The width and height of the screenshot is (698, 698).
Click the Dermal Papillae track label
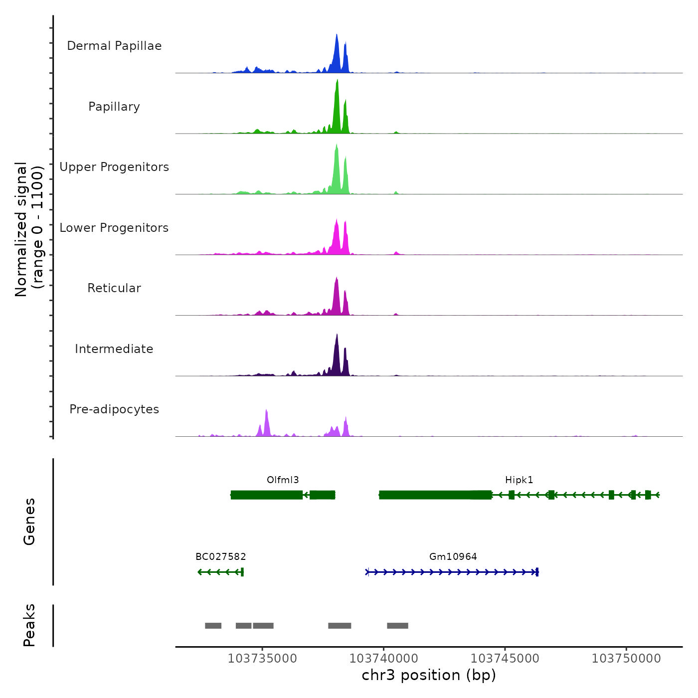(x=114, y=46)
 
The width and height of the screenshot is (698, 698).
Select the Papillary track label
(x=114, y=107)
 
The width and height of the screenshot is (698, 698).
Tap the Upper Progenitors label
(x=114, y=167)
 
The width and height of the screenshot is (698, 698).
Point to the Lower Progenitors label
(x=114, y=228)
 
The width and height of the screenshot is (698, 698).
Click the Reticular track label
(x=114, y=288)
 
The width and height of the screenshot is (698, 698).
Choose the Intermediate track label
(x=114, y=349)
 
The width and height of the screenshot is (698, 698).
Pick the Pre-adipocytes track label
(x=114, y=409)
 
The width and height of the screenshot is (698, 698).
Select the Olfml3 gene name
(x=283, y=480)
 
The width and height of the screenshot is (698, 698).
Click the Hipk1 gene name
(x=519, y=480)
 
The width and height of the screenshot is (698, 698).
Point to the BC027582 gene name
(x=220, y=557)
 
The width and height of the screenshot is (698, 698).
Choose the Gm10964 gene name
(x=453, y=557)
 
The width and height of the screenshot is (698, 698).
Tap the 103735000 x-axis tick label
(x=262, y=659)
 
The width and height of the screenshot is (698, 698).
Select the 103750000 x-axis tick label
(x=626, y=659)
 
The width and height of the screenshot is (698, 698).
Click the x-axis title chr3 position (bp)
(x=429, y=675)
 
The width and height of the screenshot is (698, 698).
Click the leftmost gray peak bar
(x=213, y=626)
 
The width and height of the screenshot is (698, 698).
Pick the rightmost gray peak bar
(x=397, y=626)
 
